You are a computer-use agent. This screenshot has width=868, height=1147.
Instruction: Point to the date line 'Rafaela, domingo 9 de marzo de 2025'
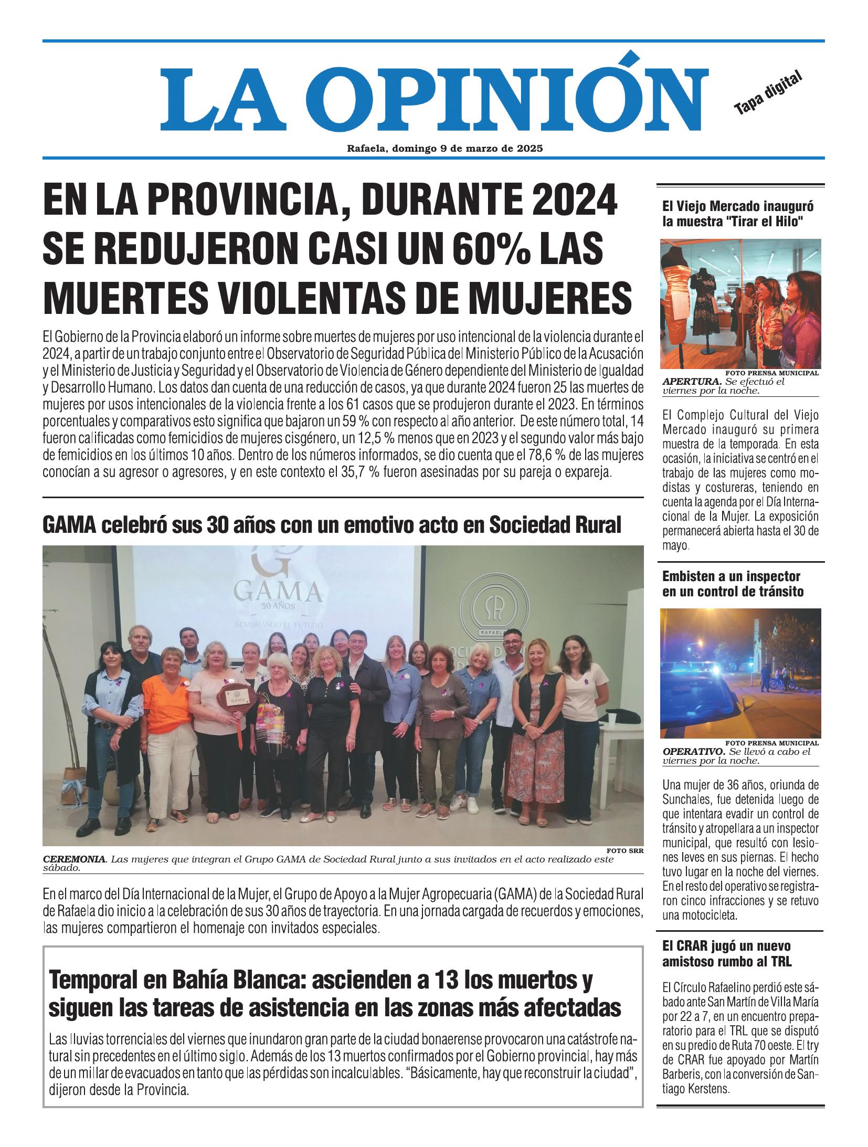444,149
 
